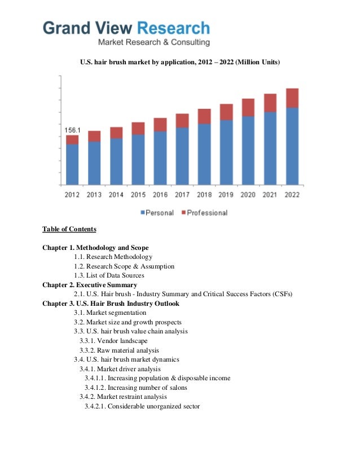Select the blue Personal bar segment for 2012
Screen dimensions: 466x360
coord(72,164)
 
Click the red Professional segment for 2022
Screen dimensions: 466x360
coord(292,98)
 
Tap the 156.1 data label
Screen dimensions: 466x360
coord(70,130)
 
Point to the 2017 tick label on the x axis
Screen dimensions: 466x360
coord(182,195)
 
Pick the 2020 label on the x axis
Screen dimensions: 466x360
coord(248,195)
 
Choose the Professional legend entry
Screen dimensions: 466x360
coord(204,213)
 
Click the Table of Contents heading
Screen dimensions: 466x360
coord(69,229)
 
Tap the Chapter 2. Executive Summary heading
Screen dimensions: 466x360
coord(90,284)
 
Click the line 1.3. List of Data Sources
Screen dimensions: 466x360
coord(109,275)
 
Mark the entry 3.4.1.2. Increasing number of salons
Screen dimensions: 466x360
coord(141,387)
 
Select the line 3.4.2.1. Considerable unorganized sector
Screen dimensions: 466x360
coord(142,406)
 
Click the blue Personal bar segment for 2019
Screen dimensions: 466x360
coord(226,152)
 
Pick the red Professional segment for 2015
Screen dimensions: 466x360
coord(138,128)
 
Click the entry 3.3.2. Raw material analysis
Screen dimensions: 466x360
coord(119,350)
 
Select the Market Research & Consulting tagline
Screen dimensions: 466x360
coord(154,42)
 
